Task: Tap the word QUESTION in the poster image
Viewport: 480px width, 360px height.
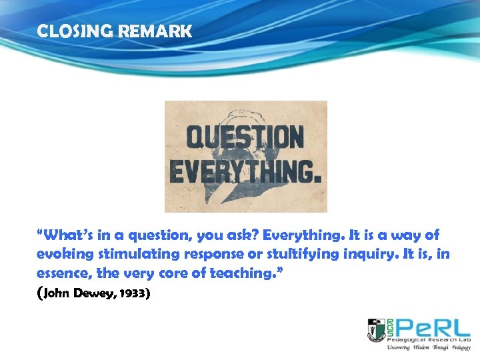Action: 245,138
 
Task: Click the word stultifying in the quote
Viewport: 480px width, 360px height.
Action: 287,255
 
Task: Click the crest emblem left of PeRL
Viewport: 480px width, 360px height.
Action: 377,330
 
